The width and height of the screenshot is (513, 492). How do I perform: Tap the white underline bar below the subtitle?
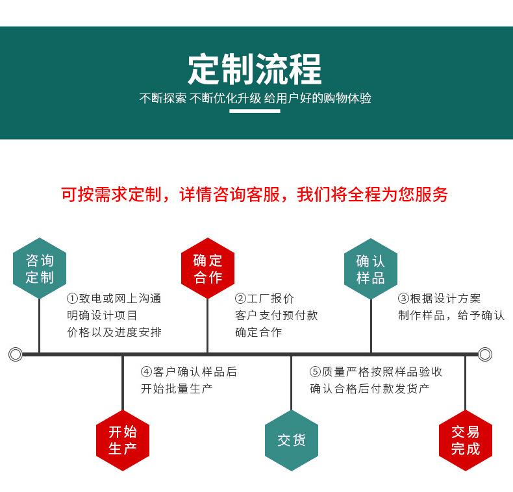pyautogui.click(x=255, y=111)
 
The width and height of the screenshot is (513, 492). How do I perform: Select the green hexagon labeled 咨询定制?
pyautogui.click(x=40, y=269)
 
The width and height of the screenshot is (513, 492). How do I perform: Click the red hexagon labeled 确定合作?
pyautogui.click(x=207, y=269)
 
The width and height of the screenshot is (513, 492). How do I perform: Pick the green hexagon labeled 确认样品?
pyautogui.click(x=371, y=269)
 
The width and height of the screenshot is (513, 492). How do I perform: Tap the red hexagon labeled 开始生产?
pyautogui.click(x=123, y=440)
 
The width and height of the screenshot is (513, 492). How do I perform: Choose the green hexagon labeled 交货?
pyautogui.click(x=292, y=440)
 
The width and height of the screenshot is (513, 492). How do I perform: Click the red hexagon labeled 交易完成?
pyautogui.click(x=465, y=440)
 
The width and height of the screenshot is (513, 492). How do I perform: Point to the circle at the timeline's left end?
pyautogui.click(x=15, y=354)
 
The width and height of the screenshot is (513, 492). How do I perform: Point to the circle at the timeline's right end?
pyautogui.click(x=485, y=354)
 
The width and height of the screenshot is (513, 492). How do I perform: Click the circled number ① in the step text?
pyautogui.click(x=72, y=299)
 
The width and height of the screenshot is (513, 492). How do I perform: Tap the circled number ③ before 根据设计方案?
pyautogui.click(x=403, y=299)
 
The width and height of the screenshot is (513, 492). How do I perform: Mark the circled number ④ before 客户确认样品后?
pyautogui.click(x=146, y=372)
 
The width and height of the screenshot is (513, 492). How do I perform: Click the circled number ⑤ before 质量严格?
pyautogui.click(x=315, y=372)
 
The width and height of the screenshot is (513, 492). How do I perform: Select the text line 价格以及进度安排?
pyautogui.click(x=114, y=332)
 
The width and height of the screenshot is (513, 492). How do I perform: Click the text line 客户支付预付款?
pyautogui.click(x=276, y=315)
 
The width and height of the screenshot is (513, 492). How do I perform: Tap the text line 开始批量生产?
pyautogui.click(x=177, y=389)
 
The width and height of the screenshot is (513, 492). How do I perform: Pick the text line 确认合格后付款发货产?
pyautogui.click(x=369, y=389)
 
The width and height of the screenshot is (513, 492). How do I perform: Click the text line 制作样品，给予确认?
pyautogui.click(x=451, y=315)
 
